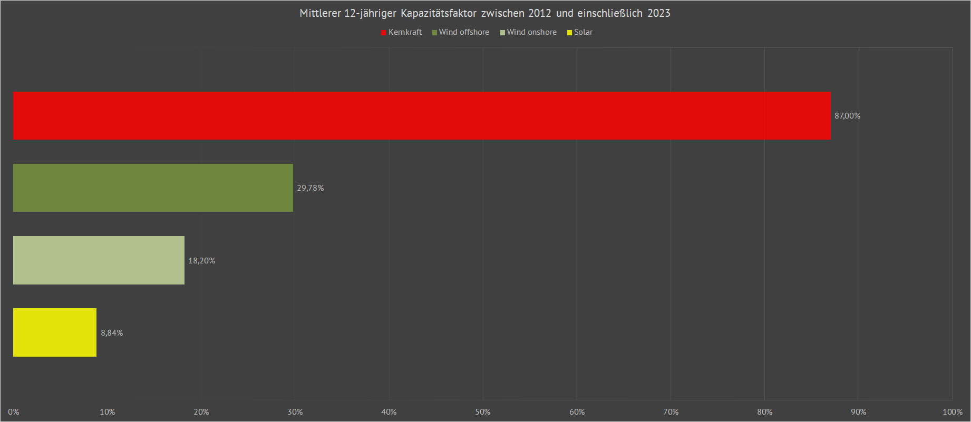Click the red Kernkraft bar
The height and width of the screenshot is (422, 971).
point(422,115)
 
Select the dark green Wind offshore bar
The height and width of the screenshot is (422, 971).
point(153,188)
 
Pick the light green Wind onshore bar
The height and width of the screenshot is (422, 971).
point(99,260)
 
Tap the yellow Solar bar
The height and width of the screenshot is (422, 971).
point(55,332)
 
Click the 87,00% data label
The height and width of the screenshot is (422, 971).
point(847,116)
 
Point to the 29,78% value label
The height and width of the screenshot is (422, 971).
point(310,188)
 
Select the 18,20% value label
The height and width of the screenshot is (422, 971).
point(201,261)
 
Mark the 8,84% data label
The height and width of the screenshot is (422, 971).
point(112,333)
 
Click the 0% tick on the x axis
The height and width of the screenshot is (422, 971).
point(14,412)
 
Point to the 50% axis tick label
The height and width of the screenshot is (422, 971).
point(483,412)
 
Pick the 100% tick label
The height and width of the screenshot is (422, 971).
point(952,412)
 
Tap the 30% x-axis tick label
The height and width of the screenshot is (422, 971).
point(295,412)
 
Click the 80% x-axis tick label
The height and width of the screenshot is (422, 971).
point(764,412)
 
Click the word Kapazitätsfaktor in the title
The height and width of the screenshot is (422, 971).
point(439,13)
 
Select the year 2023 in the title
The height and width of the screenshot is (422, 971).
point(658,13)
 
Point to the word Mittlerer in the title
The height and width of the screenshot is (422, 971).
point(320,13)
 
